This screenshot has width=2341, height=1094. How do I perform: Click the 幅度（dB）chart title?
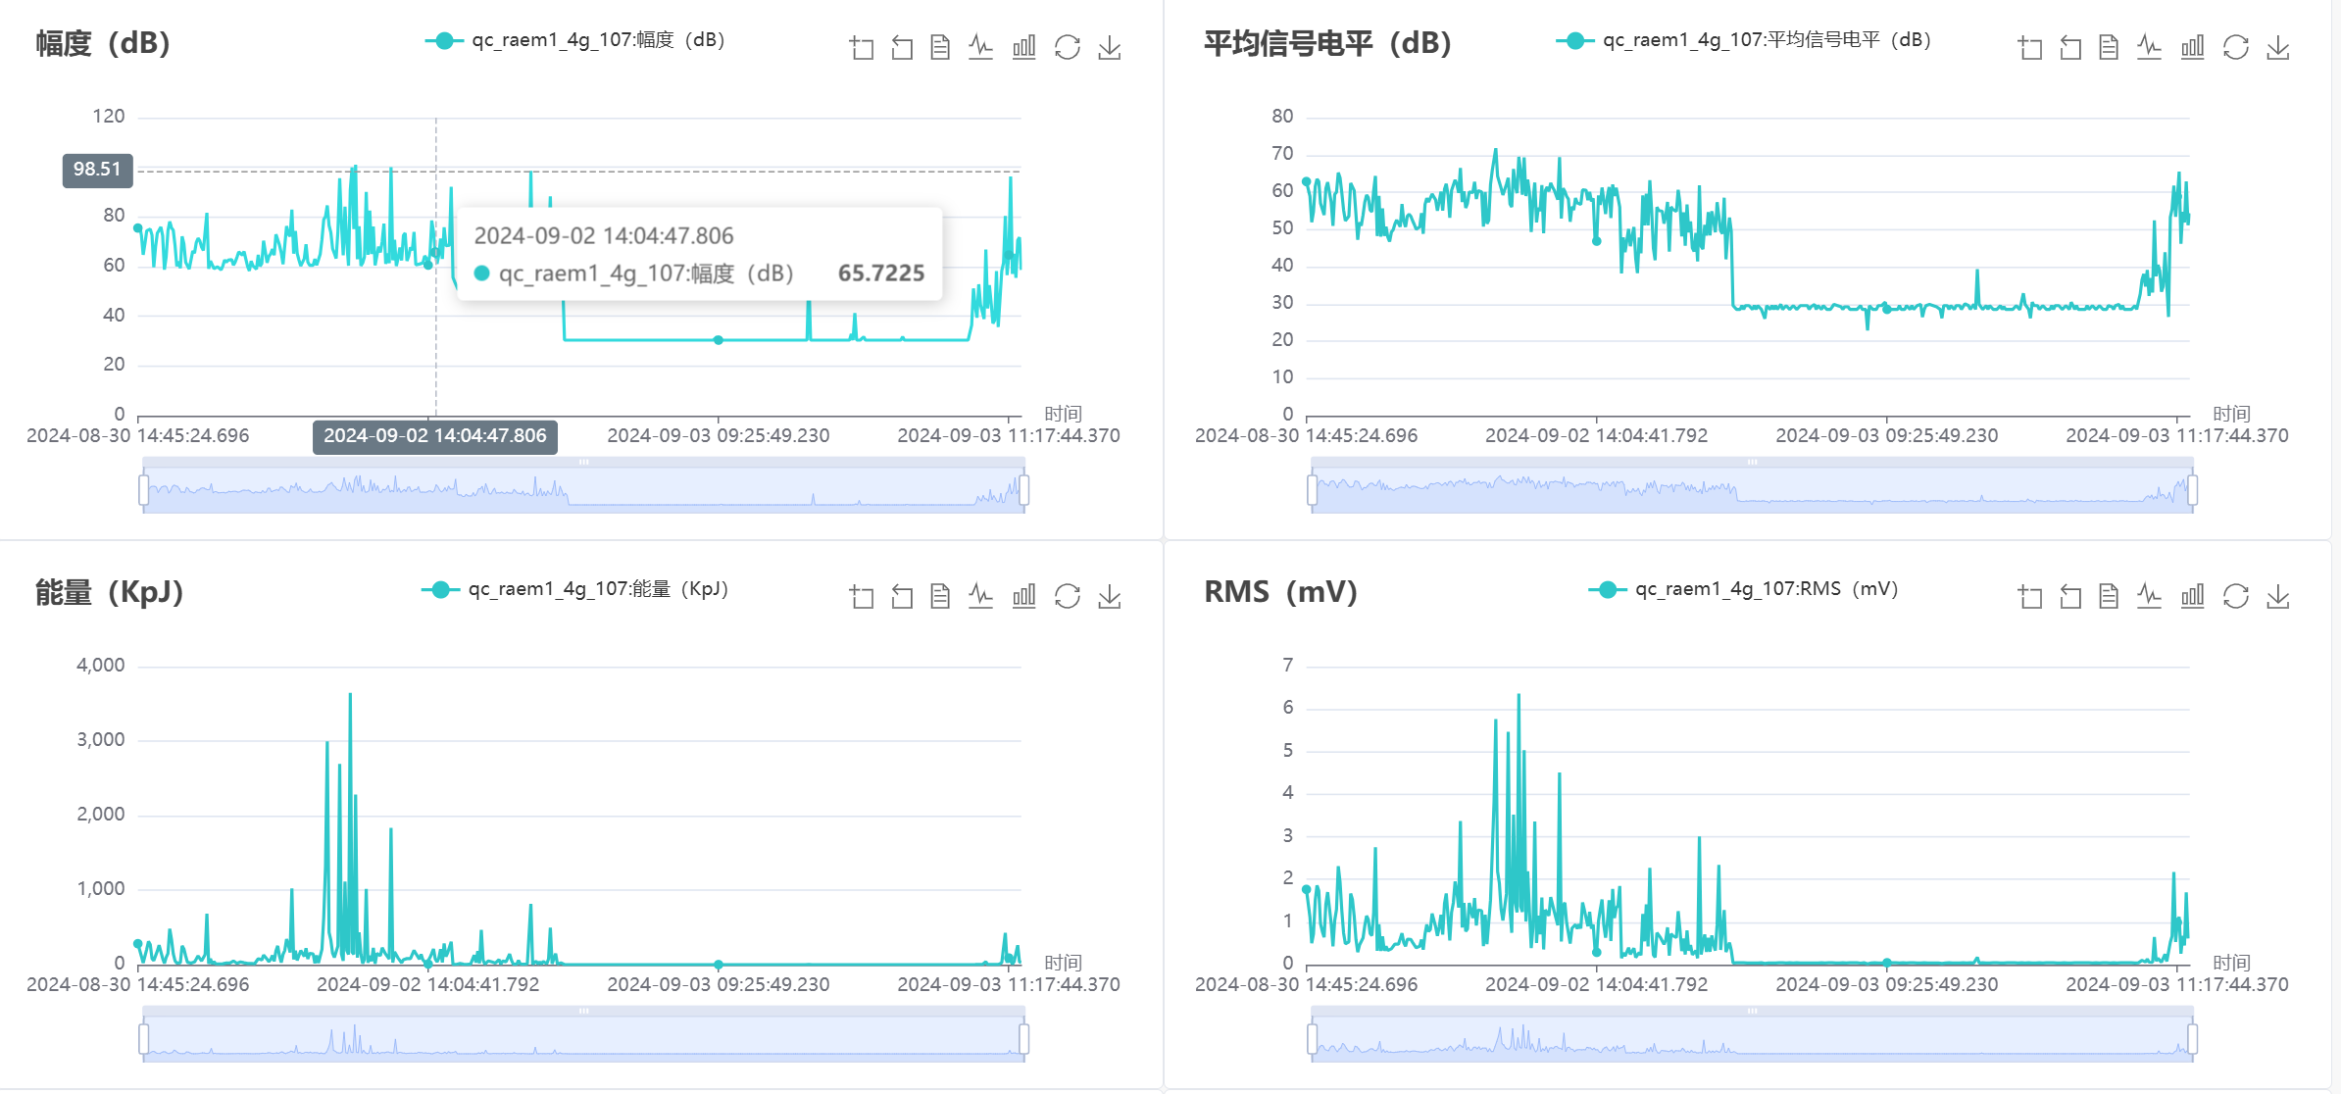pos(103,43)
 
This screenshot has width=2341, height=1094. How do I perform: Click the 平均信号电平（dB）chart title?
pos(1326,43)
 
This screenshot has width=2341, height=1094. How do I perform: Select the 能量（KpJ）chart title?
pos(109,592)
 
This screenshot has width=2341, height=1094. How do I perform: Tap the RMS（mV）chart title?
pos(1279,592)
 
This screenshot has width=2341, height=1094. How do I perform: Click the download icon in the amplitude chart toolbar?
pos(1109,47)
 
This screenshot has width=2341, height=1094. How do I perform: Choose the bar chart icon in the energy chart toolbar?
pos(1023,596)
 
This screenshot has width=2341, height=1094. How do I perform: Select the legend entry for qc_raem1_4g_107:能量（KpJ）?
pos(575,589)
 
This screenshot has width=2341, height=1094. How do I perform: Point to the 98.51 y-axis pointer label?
pos(97,170)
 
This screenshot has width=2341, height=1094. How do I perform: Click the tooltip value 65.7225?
pos(880,273)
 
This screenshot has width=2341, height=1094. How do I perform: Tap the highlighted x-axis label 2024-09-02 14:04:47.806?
pos(434,436)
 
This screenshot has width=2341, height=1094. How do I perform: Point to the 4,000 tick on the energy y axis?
pos(101,666)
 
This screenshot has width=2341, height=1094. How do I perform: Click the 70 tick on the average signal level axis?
pos(1282,154)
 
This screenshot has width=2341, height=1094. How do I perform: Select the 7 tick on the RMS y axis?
pos(1287,666)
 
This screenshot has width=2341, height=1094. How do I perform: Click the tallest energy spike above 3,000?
pos(350,696)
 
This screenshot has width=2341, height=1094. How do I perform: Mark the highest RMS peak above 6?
pos(1519,697)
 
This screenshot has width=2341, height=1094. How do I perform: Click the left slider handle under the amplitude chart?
pos(144,489)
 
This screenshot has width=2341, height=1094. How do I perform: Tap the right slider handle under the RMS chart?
pos(2192,1038)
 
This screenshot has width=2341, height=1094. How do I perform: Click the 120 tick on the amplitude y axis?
pos(108,117)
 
